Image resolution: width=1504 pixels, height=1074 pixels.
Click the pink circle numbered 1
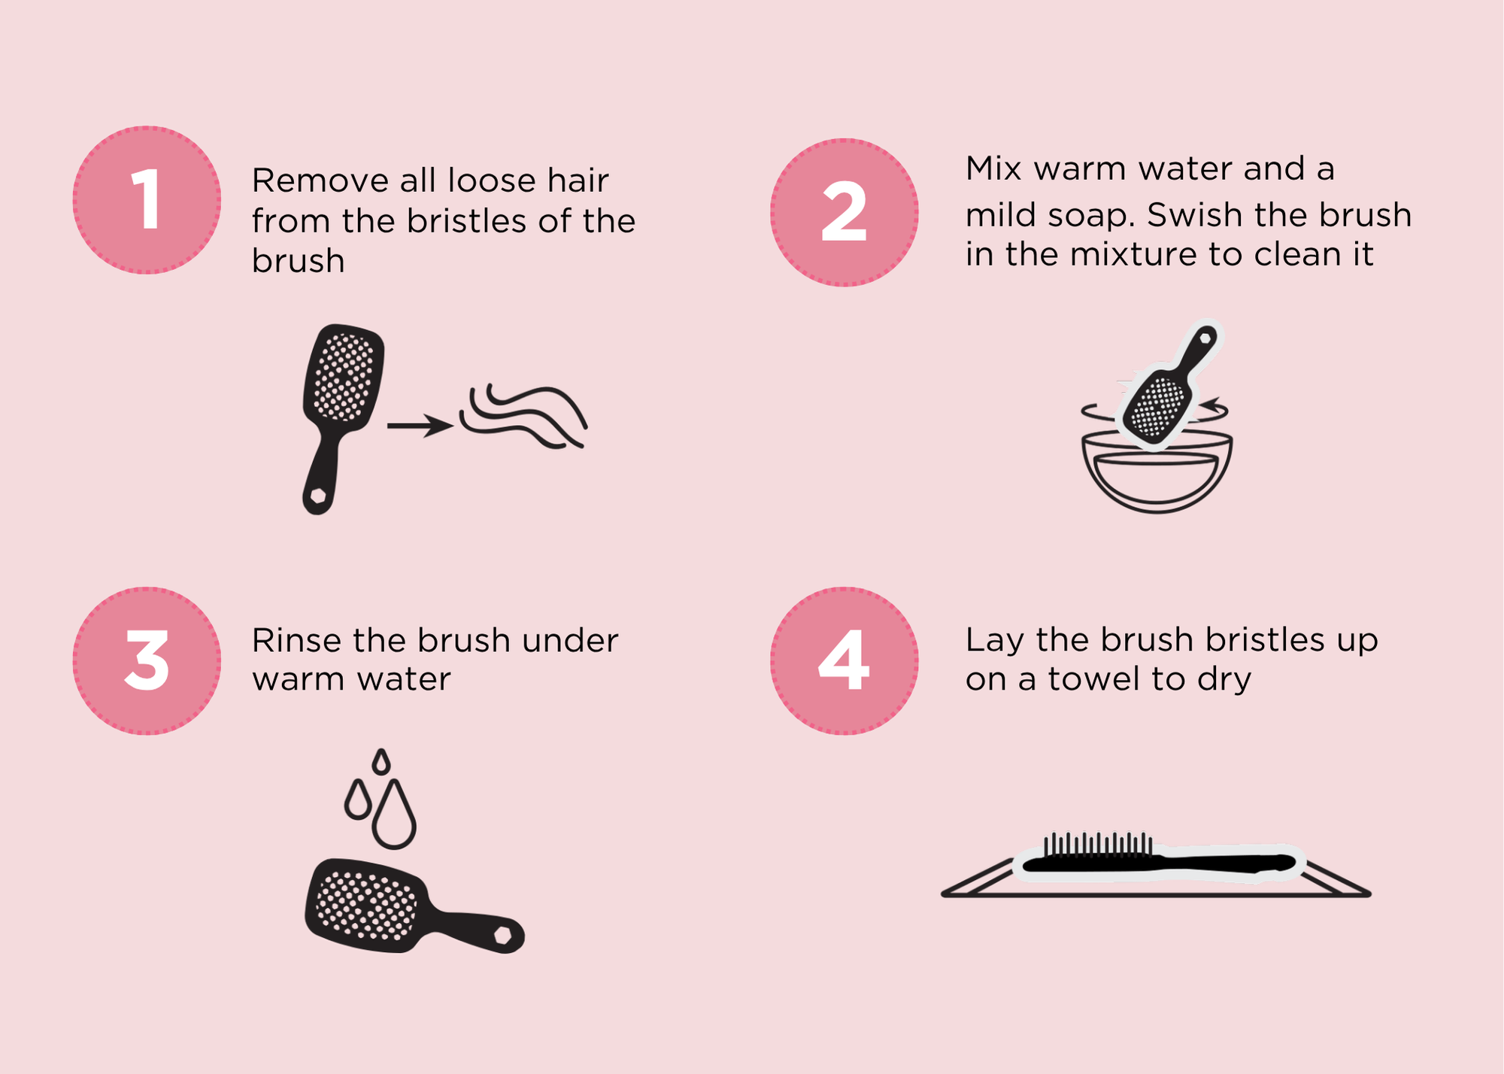147,200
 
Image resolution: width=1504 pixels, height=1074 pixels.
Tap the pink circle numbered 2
844,212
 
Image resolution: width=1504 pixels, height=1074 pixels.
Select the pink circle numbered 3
147,660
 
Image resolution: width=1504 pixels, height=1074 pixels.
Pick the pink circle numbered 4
844,660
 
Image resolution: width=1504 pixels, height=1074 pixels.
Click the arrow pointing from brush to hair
420,426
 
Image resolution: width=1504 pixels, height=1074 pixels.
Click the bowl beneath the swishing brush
1157,474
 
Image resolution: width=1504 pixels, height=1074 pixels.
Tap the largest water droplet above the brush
394,818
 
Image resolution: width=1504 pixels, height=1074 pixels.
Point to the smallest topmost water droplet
382,762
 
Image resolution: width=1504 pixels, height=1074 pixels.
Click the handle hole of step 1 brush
318,496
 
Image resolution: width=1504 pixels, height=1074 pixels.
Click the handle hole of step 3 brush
502,936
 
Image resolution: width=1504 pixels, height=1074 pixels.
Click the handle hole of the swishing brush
1205,338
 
